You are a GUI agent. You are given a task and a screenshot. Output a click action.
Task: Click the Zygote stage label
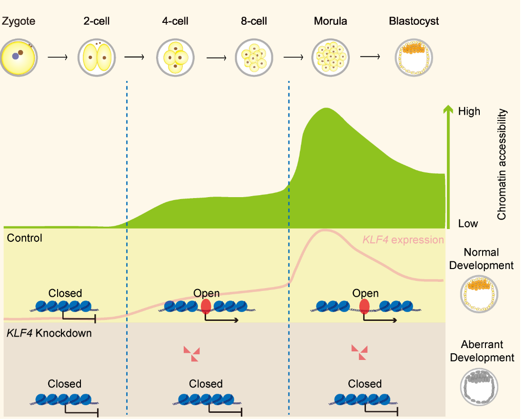19,21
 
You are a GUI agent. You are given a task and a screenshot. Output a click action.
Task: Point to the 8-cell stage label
254,21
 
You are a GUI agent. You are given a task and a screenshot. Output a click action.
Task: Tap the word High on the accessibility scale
469,112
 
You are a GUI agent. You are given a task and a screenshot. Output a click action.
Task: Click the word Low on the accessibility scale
468,223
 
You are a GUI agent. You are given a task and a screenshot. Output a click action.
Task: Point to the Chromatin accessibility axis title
502,164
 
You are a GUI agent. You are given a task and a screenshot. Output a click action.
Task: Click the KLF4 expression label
403,240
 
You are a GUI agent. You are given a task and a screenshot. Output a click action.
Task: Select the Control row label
25,238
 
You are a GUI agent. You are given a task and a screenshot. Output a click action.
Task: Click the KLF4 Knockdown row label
49,333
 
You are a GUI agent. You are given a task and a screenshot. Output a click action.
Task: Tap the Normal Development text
481,259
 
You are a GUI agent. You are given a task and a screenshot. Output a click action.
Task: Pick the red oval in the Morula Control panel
365,306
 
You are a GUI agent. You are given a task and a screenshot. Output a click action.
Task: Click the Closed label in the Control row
65,293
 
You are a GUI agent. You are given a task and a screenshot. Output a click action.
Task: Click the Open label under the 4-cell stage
207,293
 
